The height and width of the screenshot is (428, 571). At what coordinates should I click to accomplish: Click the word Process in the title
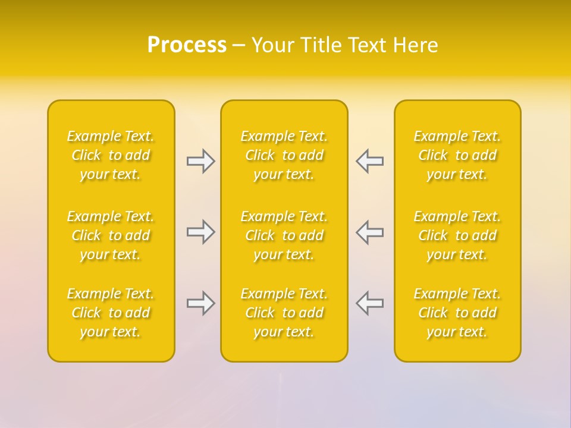click(x=187, y=45)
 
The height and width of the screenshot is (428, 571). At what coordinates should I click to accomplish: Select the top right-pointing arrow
click(x=200, y=161)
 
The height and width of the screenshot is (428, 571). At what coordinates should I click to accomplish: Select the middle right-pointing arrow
click(x=200, y=232)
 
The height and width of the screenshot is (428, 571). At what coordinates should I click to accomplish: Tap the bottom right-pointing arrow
click(x=200, y=303)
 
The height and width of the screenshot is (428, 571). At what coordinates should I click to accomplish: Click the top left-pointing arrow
click(x=369, y=161)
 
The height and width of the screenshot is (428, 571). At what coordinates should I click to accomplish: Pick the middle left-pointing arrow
click(x=369, y=232)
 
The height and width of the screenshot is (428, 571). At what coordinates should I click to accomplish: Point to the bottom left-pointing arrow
click(x=369, y=303)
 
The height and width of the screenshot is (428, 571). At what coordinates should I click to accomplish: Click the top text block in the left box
click(x=111, y=155)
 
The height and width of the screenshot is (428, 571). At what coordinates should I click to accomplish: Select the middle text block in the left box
click(x=111, y=235)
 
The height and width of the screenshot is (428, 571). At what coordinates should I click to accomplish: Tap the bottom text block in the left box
click(x=111, y=313)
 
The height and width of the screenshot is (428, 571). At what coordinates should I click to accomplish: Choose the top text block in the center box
click(x=284, y=155)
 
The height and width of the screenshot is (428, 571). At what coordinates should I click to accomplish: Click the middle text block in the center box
click(x=284, y=235)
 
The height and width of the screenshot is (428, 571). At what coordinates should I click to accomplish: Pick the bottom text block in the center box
click(x=284, y=313)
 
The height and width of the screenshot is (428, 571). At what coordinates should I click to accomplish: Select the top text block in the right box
click(x=457, y=155)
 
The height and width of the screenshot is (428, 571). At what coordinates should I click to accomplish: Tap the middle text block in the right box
click(x=457, y=235)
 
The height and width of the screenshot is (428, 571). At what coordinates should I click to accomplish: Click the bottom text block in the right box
click(x=457, y=313)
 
